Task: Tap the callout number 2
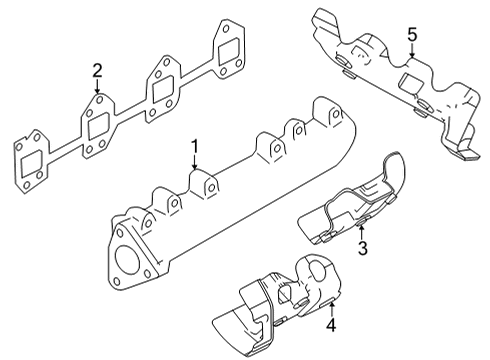point(97,69)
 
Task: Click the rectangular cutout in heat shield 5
point(411,79)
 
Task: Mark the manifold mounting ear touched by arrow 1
point(207,185)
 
